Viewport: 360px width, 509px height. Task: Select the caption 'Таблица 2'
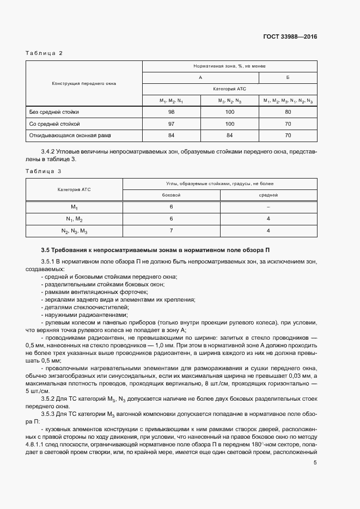click(x=44, y=53)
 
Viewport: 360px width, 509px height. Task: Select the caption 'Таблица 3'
click(x=44, y=171)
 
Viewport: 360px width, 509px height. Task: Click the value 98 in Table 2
click(x=172, y=112)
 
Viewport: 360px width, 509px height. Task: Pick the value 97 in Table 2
click(x=172, y=124)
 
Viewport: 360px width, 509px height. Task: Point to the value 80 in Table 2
click(x=288, y=112)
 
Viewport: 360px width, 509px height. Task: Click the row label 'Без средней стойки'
click(x=50, y=112)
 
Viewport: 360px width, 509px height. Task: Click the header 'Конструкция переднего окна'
click(x=84, y=83)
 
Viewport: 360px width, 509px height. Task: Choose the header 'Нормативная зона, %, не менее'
click(x=229, y=66)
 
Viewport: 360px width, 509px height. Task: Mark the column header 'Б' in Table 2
click(x=288, y=77)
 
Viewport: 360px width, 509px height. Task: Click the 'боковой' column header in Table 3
click(x=171, y=195)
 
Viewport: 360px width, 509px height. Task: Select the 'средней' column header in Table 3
click(x=269, y=195)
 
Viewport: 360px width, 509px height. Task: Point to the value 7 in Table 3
click(x=171, y=230)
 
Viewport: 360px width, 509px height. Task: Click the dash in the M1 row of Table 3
click(x=269, y=207)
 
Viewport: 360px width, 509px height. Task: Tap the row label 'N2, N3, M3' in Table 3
click(x=74, y=231)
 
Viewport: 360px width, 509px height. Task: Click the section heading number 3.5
click(x=45, y=250)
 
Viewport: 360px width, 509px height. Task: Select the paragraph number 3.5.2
click(x=49, y=384)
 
